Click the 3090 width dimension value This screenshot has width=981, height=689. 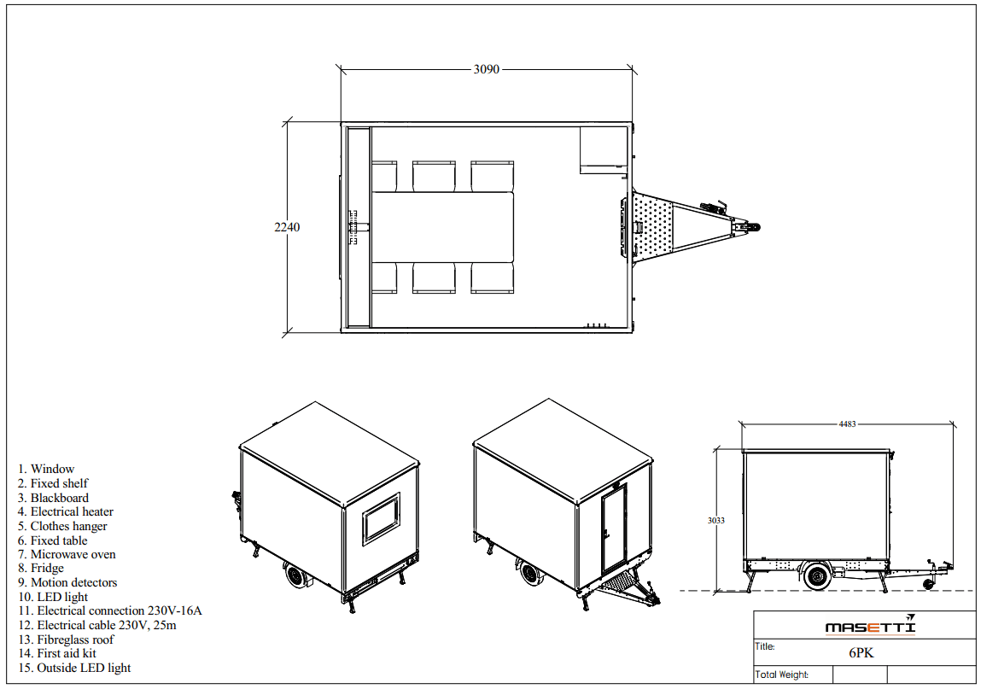(486, 69)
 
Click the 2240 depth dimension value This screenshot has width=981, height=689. (287, 227)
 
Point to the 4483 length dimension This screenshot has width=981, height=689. (847, 424)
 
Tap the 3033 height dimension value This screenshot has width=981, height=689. (716, 520)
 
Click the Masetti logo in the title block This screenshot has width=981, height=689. (870, 626)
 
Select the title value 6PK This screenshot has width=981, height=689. (861, 652)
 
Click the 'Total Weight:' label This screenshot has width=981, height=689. (781, 674)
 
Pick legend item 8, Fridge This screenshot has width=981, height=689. (41, 569)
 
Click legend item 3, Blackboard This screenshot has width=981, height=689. (53, 498)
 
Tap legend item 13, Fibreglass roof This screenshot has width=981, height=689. (66, 639)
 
